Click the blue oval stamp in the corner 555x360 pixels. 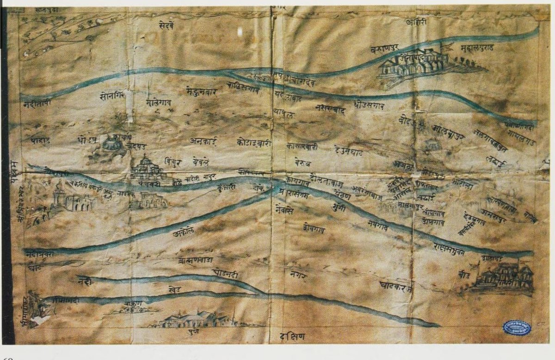pos(517,328)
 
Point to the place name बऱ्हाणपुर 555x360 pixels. pos(387,49)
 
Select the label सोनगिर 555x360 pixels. pos(111,98)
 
